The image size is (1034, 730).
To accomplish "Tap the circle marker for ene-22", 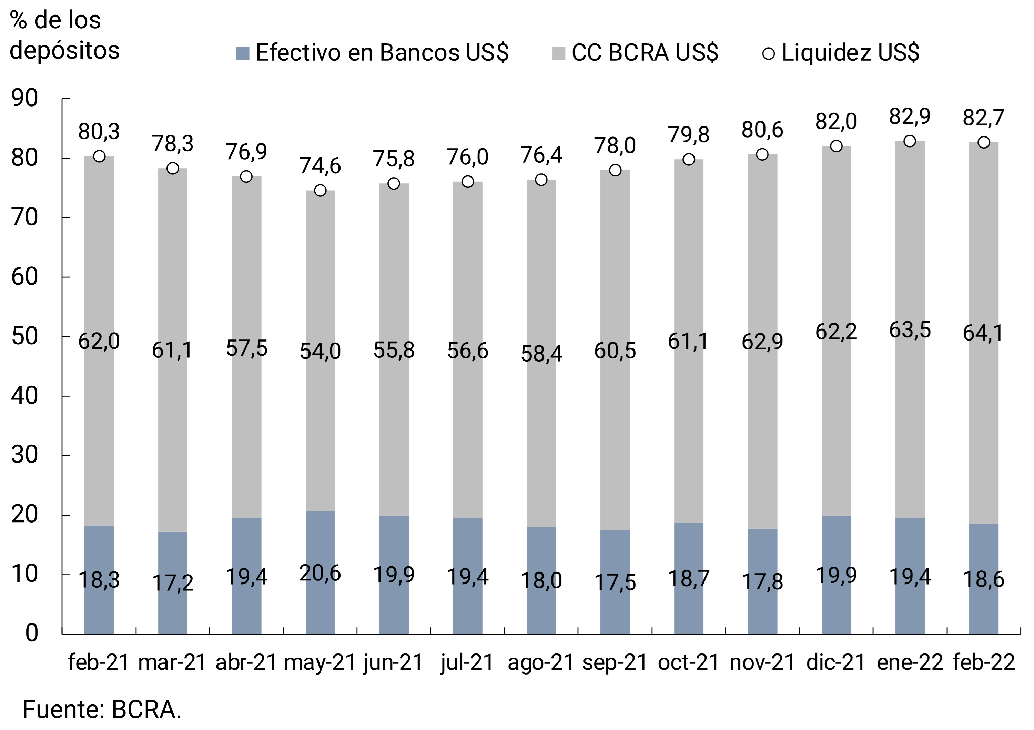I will point(909,141).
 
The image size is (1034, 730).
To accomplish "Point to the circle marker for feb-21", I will point(99,156).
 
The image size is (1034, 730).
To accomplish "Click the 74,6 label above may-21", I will point(320,166).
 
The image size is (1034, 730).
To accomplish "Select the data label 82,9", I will point(909,116).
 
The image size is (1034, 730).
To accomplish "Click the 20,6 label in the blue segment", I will point(320,573).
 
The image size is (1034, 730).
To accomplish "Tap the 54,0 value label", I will point(320,351).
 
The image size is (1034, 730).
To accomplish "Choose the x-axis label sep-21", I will point(615,662).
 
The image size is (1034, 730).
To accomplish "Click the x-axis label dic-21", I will point(836,662).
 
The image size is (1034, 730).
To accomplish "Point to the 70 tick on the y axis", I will point(25,217).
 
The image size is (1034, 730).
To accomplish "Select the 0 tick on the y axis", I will point(31,633).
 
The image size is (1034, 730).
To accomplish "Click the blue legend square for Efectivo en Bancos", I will point(242,53).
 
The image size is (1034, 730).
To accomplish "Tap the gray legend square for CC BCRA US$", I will point(558,53).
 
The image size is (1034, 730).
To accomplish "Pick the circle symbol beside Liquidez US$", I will point(768,53).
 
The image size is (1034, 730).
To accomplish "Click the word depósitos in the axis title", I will point(64,50).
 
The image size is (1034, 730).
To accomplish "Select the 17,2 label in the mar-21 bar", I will point(172,583).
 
